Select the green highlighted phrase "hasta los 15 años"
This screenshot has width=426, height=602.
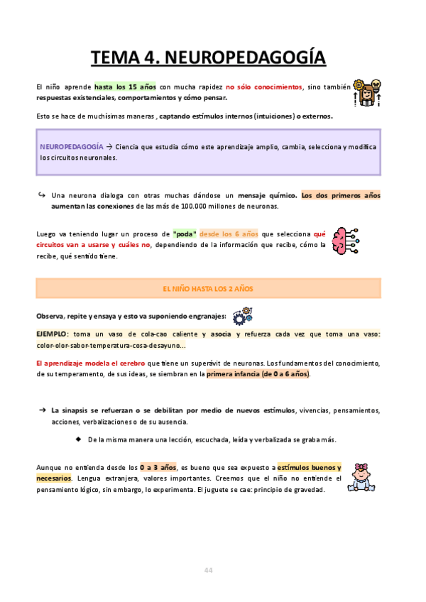coord(125,87)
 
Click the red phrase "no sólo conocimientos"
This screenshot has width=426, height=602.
coord(263,87)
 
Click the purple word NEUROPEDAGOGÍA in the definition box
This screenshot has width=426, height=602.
coord(69,146)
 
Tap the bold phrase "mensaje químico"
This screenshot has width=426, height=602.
coord(267,195)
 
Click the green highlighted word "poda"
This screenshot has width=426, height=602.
coord(184,234)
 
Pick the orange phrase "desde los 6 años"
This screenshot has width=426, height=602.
coord(229,234)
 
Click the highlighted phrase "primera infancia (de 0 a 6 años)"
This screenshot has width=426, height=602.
coord(258,374)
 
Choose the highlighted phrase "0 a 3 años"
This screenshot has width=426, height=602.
coord(158,468)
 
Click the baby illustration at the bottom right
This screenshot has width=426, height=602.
coord(367,479)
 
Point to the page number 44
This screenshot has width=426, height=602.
coord(208,570)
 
